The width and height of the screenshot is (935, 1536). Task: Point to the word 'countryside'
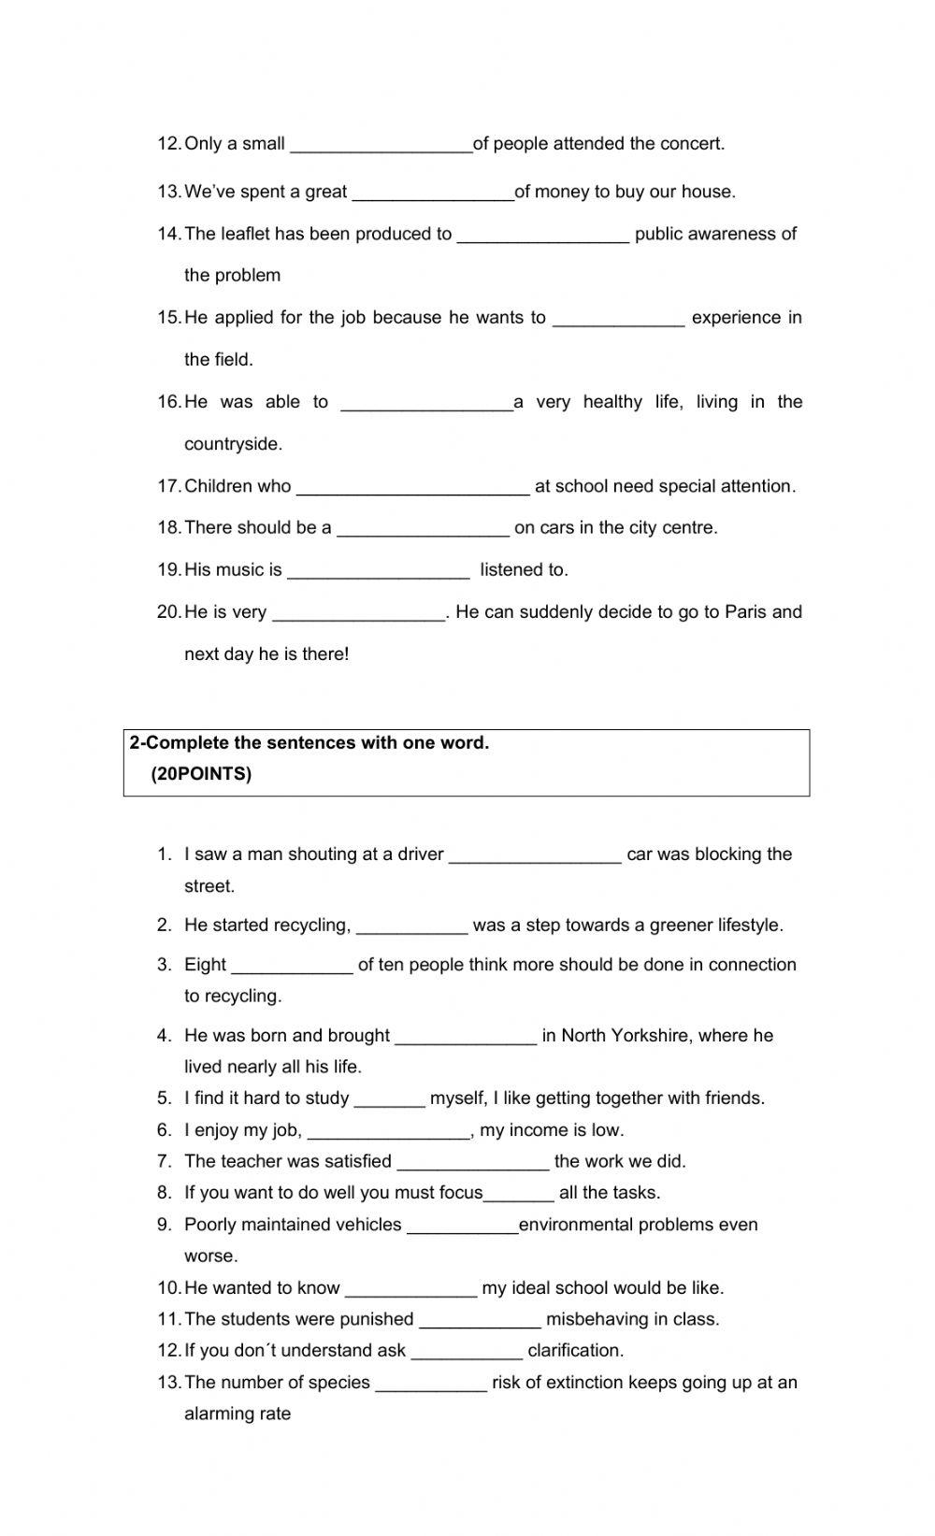tap(233, 444)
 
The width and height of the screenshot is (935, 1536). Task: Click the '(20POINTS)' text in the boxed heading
tap(201, 774)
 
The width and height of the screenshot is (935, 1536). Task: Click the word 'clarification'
tap(575, 1351)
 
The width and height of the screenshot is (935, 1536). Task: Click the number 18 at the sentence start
tap(168, 528)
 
